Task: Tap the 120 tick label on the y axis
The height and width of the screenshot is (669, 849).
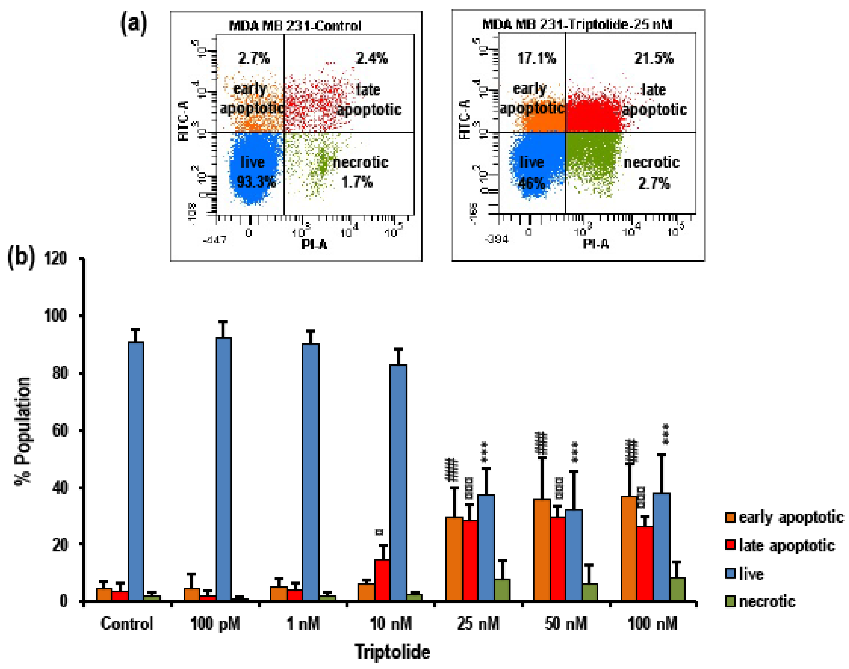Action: (55, 259)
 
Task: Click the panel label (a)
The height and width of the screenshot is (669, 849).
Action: (134, 24)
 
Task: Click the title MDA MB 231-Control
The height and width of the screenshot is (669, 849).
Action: (295, 26)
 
